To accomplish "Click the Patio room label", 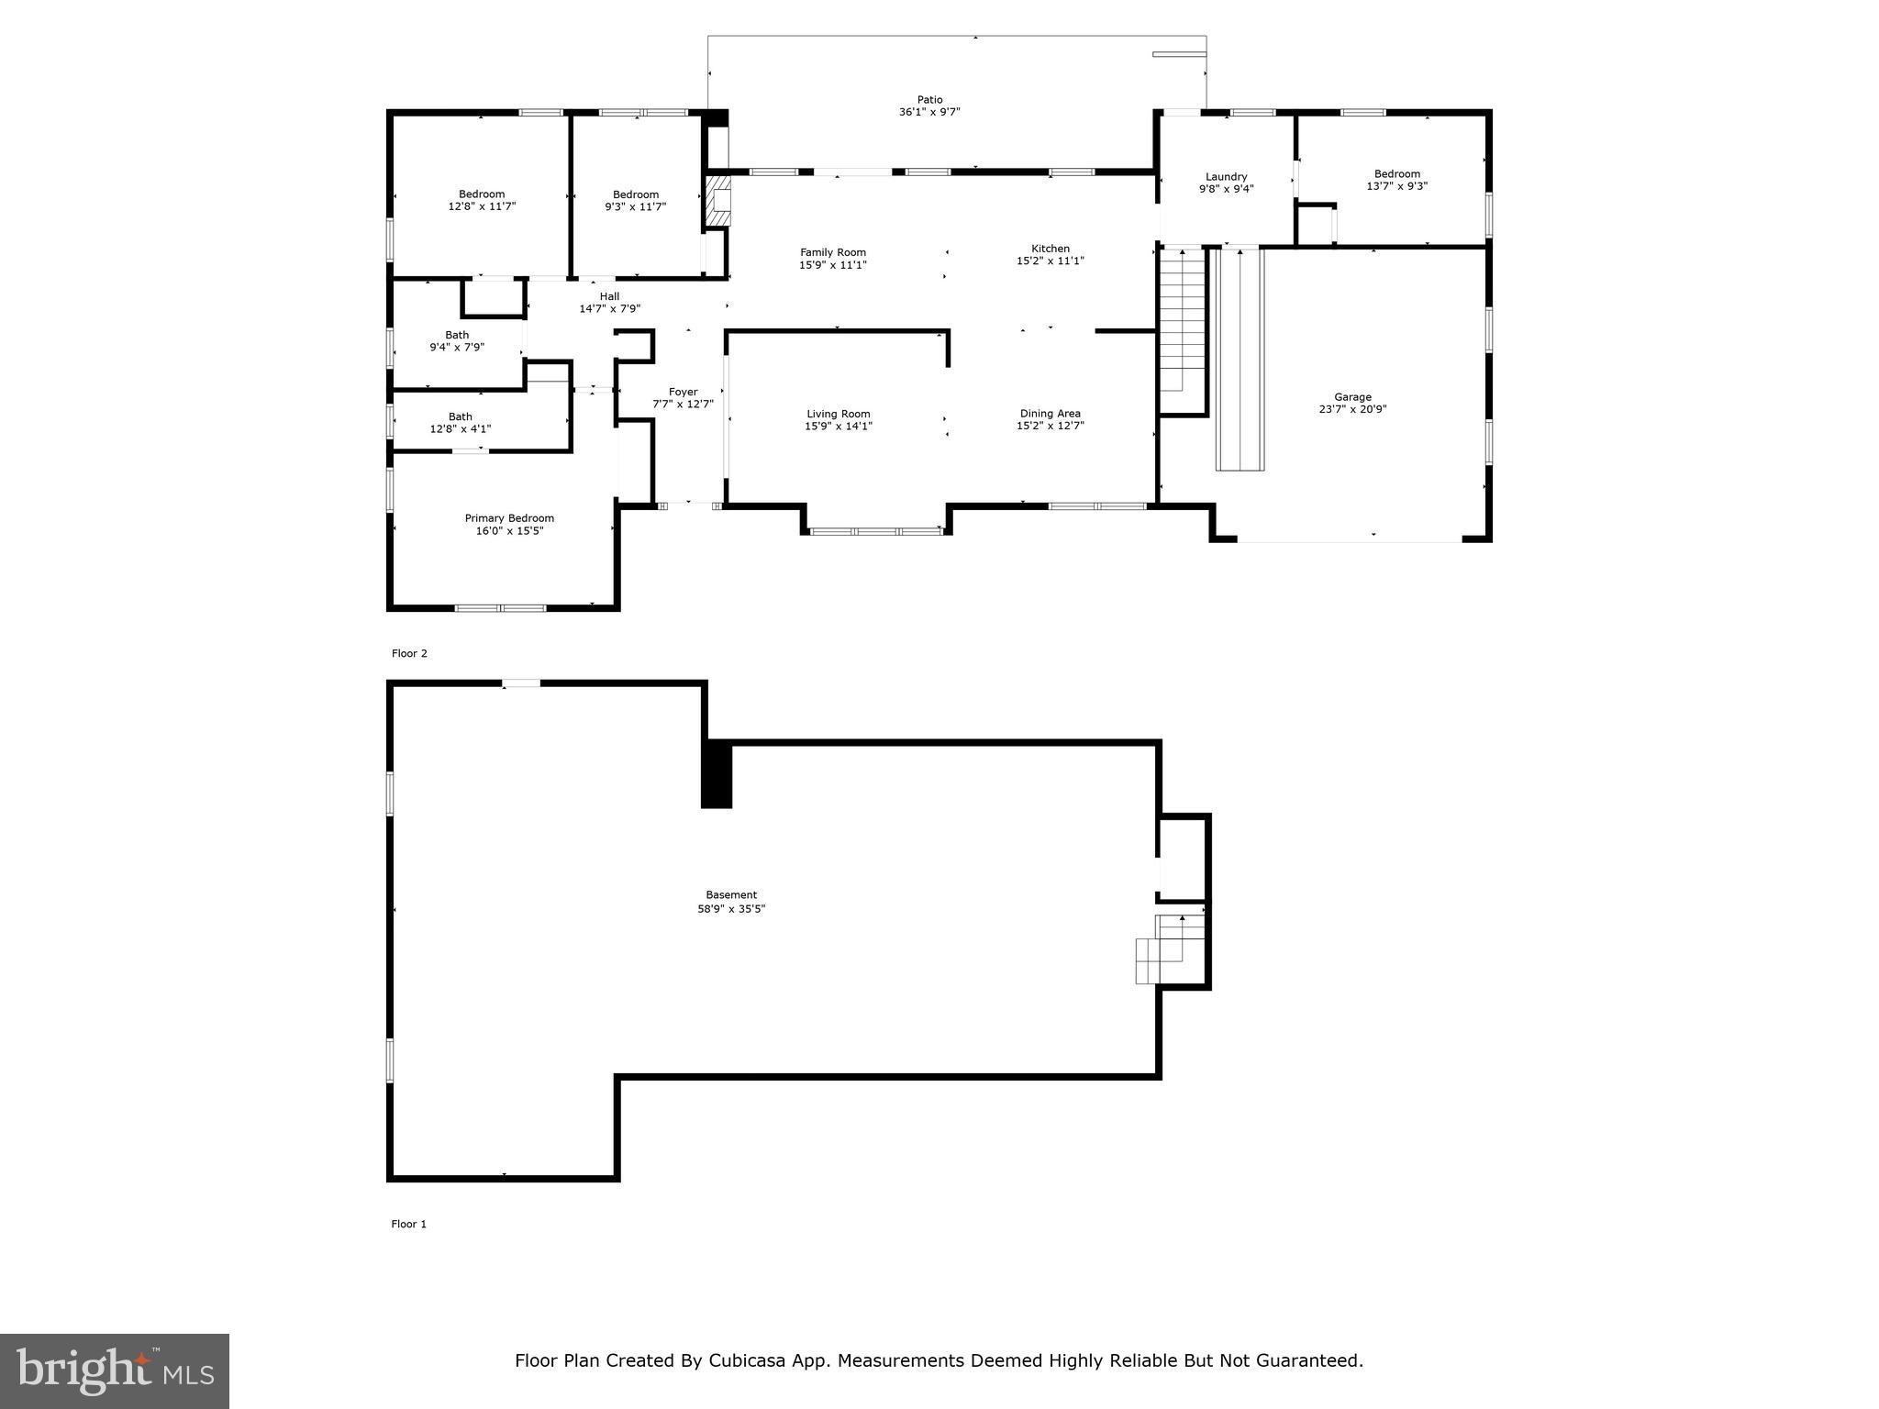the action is pos(929,100).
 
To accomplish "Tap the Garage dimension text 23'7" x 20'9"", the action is pos(1352,410).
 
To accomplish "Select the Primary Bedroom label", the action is pos(509,518).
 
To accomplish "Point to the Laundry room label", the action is pos(1226,177).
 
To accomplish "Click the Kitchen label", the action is pos(1051,249).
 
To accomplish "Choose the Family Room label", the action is pos(833,252).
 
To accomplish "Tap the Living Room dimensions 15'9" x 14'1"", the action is pos(839,427).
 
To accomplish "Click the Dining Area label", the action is pos(1051,414).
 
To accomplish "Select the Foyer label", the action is pos(683,392).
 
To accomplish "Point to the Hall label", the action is pos(609,296).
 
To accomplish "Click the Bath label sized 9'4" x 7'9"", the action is pos(457,335).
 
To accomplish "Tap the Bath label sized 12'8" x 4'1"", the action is pos(461,416).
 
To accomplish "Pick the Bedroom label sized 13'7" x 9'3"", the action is pos(1397,174).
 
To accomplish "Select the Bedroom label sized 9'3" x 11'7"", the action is pos(636,194).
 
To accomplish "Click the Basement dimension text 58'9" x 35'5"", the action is pos(731,909).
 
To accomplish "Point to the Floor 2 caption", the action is pos(409,654).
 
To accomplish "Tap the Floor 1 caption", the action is pos(409,1225).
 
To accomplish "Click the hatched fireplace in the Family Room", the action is pos(717,201).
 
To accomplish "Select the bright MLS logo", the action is pos(115,1371).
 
